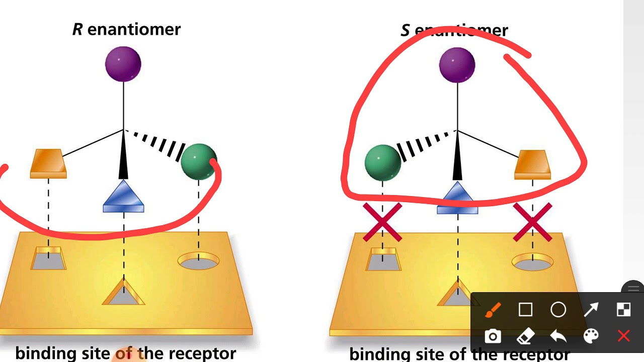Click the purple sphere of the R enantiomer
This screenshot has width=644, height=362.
[x=123, y=64]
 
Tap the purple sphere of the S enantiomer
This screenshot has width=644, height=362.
[x=457, y=65]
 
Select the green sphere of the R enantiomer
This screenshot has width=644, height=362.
[x=199, y=162]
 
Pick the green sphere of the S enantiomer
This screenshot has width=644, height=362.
[x=383, y=163]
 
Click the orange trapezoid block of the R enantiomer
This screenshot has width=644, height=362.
[x=48, y=163]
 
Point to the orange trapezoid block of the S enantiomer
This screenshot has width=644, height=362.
[x=532, y=164]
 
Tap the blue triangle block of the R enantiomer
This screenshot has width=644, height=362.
[x=123, y=196]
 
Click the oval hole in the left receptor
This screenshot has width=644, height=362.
[x=199, y=261]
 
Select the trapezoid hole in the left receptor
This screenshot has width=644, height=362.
[x=48, y=258]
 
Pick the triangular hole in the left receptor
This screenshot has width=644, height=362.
[x=123, y=293]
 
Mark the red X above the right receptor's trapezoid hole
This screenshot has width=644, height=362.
[x=382, y=222]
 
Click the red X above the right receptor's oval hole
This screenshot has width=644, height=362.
[x=532, y=222]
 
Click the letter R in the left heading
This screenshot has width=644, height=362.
[x=77, y=29]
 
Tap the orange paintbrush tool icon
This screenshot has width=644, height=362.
[x=493, y=310]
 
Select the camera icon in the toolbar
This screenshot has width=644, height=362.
[x=493, y=336]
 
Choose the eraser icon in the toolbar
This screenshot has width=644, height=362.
[x=526, y=336]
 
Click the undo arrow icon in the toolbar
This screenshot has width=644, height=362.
[x=558, y=336]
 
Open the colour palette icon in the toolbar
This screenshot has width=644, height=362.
[x=591, y=336]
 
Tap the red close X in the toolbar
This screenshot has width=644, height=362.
[x=623, y=336]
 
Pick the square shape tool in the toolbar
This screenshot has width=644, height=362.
[x=526, y=310]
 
